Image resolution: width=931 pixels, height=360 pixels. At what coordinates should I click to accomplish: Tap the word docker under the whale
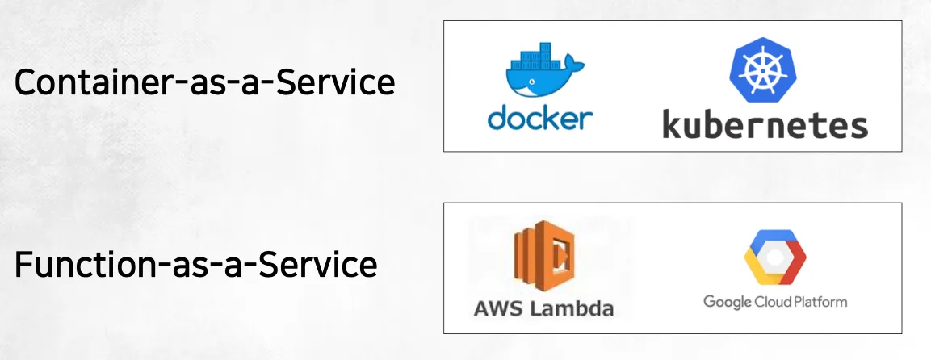[x=540, y=118]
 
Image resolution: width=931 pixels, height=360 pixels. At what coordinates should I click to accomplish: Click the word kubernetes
[x=765, y=125]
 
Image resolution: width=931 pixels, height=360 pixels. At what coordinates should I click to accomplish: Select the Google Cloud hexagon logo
[x=774, y=257]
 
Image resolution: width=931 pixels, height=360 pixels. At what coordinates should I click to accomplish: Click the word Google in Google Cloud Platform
[x=726, y=302]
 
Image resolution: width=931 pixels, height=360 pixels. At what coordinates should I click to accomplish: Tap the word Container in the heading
[x=88, y=83]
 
